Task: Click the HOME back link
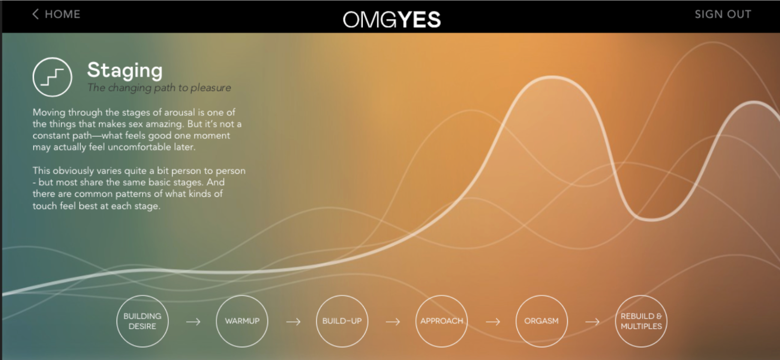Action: pos(56,14)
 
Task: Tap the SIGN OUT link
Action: pos(723,14)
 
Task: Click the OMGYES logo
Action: pos(392,20)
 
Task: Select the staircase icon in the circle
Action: pos(52,77)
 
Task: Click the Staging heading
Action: pos(125,70)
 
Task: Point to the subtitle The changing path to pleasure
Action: pos(159,88)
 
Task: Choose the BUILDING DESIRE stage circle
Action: pos(142,321)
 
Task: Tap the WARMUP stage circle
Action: pos(242,321)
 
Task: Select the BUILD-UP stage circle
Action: pos(342,321)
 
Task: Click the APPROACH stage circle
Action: pos(441,321)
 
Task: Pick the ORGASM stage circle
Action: pos(541,321)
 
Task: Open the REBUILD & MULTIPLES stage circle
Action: pos(641,321)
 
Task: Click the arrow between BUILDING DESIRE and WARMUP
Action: pos(193,321)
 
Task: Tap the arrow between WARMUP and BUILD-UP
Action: pos(293,321)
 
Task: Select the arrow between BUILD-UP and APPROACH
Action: pos(393,321)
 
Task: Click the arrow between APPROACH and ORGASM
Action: pos(493,321)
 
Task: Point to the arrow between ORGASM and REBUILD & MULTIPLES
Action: pos(592,321)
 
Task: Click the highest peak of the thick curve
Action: pos(552,78)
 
